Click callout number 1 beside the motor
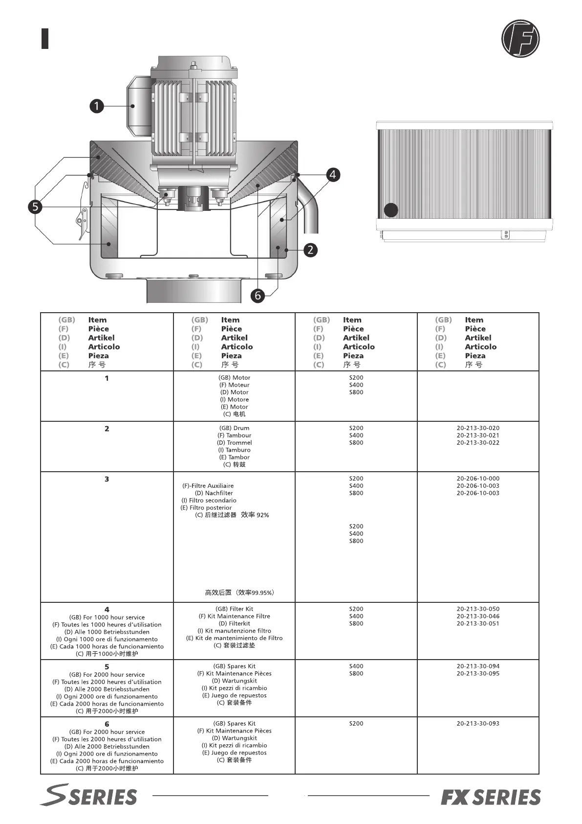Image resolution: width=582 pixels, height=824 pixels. point(97,106)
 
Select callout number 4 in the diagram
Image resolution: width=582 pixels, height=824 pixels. point(333,175)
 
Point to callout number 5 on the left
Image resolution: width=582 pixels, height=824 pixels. point(35,206)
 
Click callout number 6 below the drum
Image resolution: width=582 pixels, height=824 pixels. point(258,295)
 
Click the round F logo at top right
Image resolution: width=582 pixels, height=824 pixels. point(520,38)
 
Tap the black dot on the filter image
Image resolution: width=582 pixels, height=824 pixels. point(391,210)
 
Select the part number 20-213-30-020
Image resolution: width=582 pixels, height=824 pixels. point(478,428)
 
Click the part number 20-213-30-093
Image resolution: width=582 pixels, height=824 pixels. point(478,723)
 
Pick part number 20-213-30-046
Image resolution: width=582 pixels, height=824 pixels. point(478,617)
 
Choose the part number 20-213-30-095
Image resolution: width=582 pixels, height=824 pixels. point(478,674)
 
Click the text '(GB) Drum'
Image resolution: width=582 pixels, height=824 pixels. point(234,428)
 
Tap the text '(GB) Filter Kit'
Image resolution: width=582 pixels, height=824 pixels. point(234,609)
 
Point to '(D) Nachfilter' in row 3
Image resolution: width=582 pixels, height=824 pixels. point(214,493)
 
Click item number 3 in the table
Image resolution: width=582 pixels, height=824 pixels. point(107,479)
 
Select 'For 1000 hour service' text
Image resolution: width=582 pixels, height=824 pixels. point(107,618)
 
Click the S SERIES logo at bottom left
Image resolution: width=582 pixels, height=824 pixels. point(88,796)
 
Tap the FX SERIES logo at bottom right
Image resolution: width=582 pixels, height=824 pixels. point(491,797)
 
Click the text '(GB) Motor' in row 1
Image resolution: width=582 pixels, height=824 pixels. point(234,378)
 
